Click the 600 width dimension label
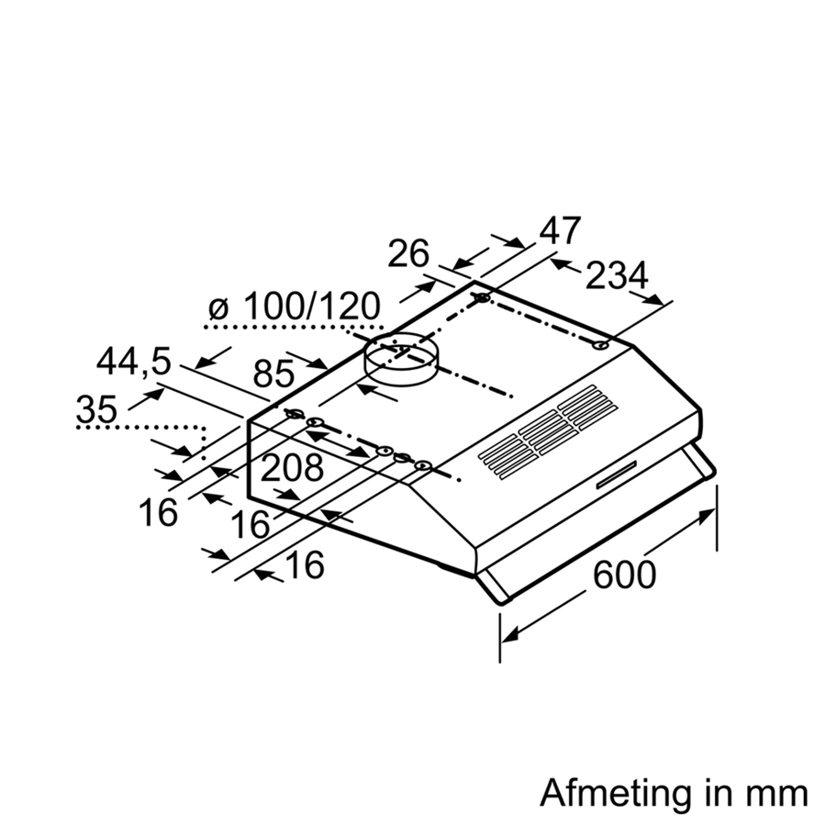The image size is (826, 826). point(624,575)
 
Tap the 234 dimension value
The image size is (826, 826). point(616,275)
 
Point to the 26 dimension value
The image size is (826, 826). point(408,253)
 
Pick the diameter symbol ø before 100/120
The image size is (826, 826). point(218,309)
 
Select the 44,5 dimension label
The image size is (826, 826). point(134,363)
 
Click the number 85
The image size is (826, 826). point(273,374)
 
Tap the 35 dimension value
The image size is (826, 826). point(96,409)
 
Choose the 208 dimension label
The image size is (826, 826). point(293,469)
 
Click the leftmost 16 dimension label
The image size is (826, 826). point(159,513)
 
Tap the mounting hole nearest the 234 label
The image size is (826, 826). point(600,346)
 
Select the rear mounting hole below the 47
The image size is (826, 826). point(483,298)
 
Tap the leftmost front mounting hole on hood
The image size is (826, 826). point(294,415)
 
